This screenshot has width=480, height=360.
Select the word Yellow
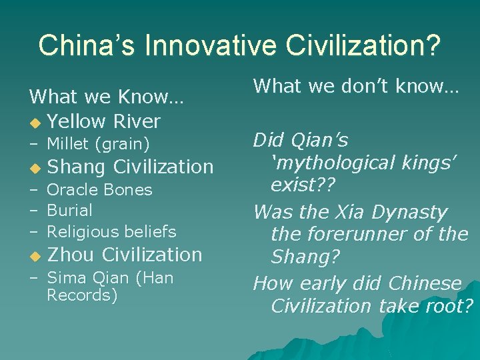pyautogui.click(x=77, y=121)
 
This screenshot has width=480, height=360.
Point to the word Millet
pyautogui.click(x=69, y=143)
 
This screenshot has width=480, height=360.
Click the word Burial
pyautogui.click(x=69, y=211)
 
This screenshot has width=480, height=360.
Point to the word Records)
pyautogui.click(x=82, y=295)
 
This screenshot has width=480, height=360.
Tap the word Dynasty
pyautogui.click(x=413, y=213)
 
